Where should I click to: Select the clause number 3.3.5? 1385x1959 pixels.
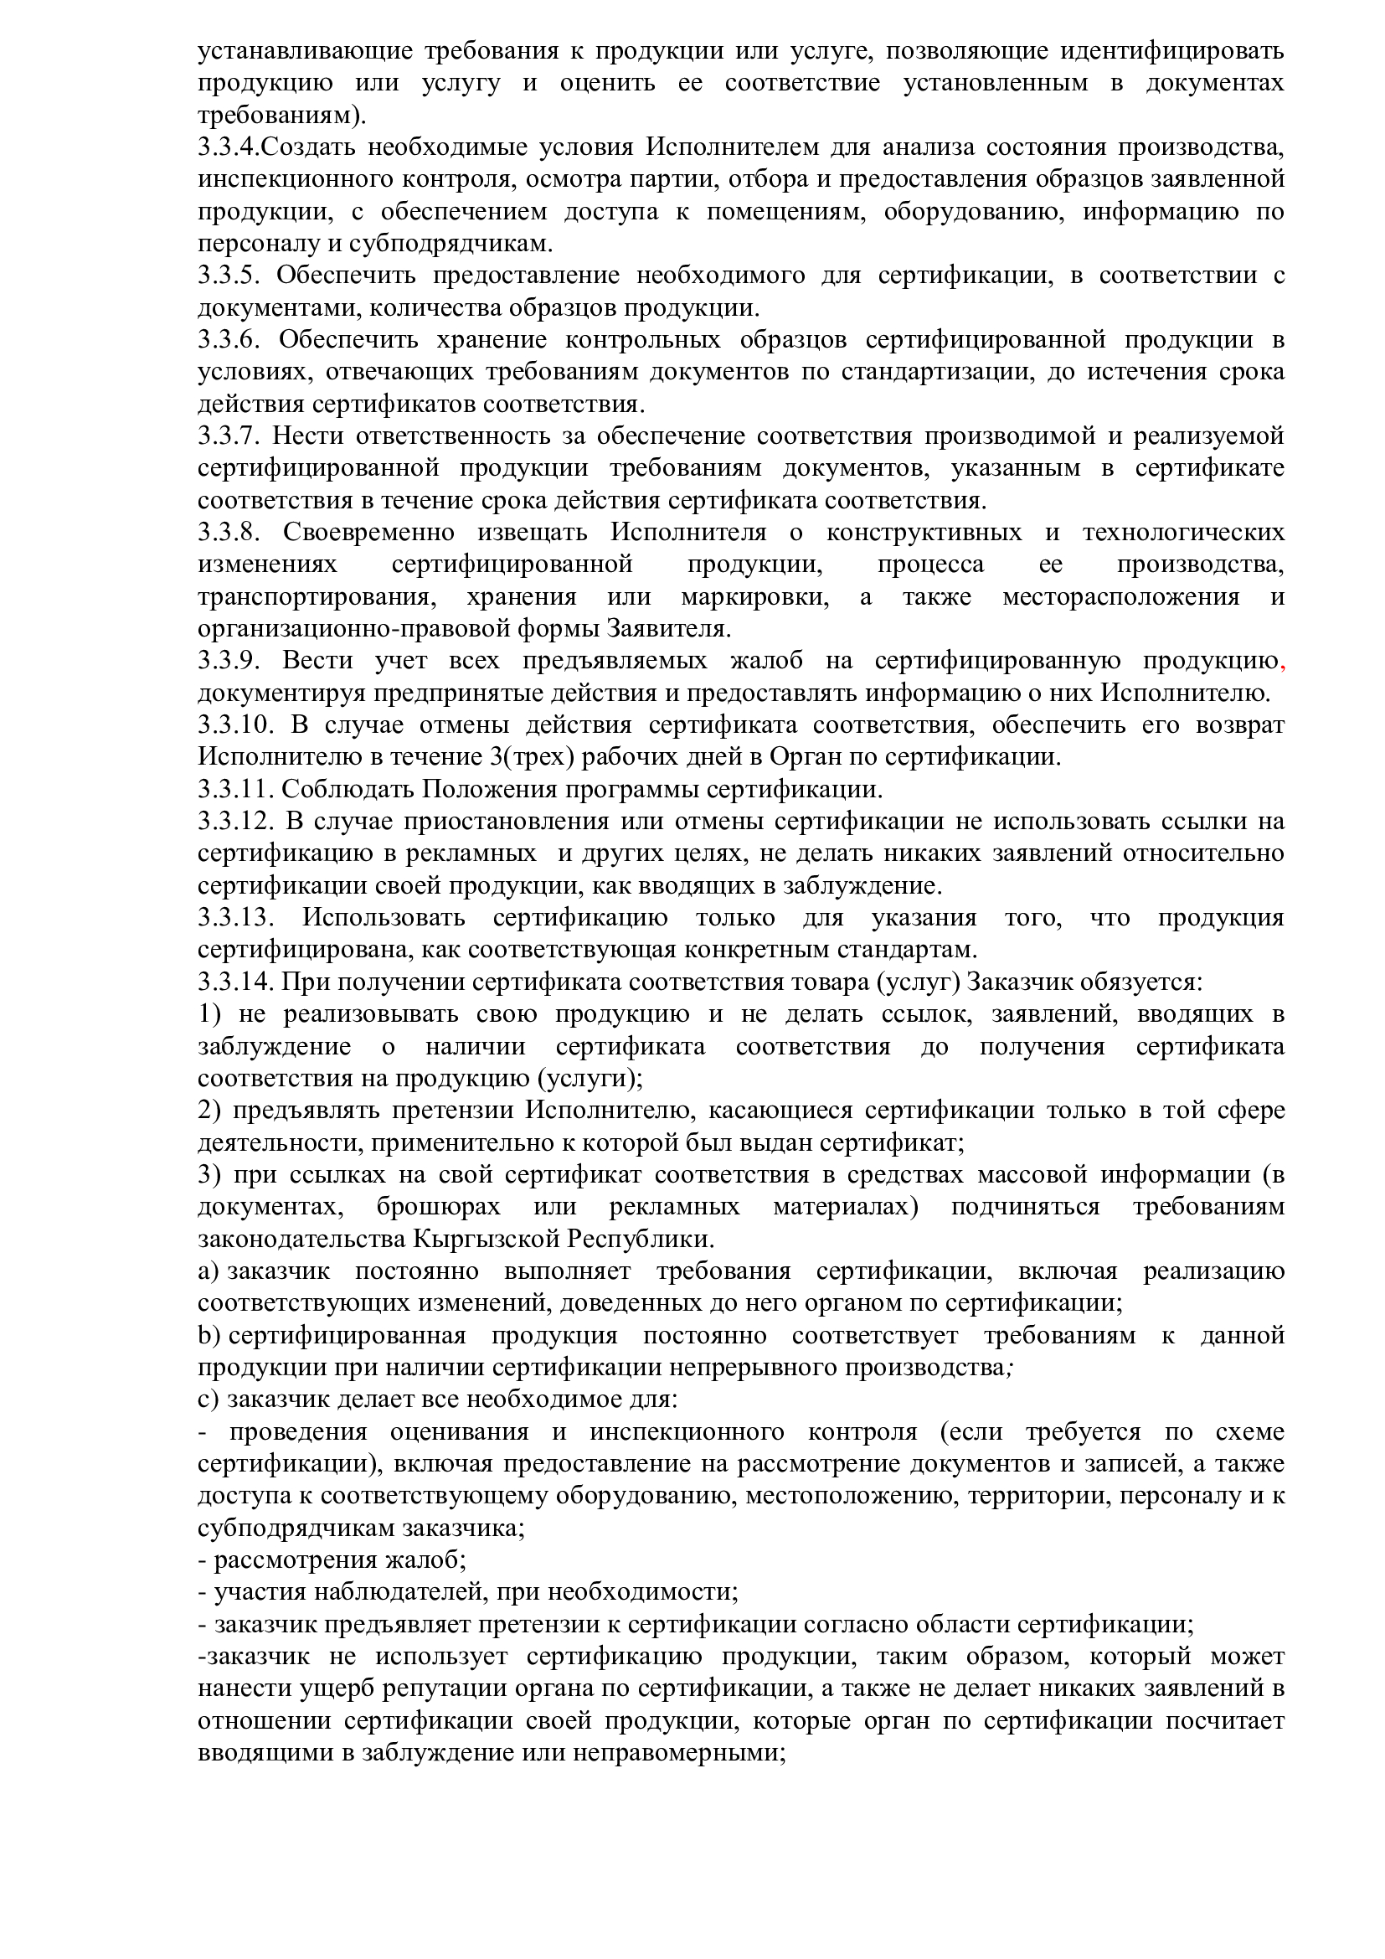pyautogui.click(x=229, y=276)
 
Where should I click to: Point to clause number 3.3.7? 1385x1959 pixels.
pyautogui.click(x=229, y=436)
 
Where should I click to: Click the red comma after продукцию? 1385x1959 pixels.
pyautogui.click(x=1282, y=664)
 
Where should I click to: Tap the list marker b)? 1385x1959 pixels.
pyautogui.click(x=209, y=1335)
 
